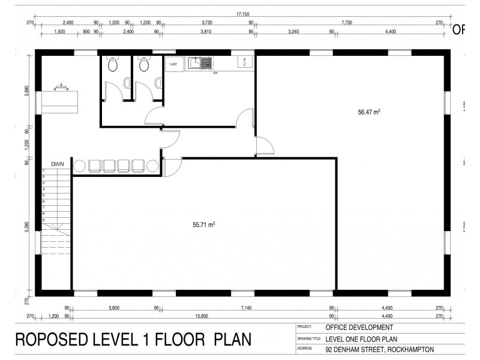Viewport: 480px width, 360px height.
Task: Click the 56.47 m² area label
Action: click(370, 112)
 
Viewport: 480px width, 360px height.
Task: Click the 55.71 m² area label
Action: click(204, 224)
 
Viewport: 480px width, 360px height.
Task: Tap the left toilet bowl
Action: click(112, 65)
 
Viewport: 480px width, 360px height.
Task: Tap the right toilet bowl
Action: click(143, 65)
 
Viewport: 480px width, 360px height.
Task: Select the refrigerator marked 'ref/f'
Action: click(173, 63)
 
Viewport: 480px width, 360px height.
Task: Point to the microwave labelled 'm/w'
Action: click(245, 61)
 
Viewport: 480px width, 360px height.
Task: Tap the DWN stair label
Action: click(58, 163)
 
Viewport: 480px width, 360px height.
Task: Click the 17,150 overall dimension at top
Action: click(243, 14)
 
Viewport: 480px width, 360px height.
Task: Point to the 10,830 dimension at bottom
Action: click(202, 316)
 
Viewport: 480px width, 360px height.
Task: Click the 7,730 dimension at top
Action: click(347, 22)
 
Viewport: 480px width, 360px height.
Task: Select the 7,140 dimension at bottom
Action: click(246, 308)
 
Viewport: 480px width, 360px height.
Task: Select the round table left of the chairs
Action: click(79, 166)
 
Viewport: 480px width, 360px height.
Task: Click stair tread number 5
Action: click(43, 195)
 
